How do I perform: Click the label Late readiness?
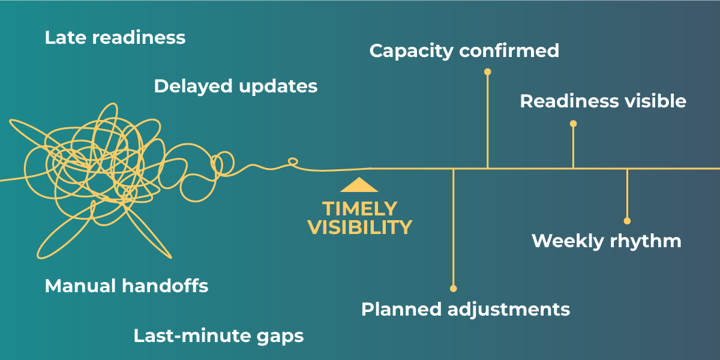tap(115, 38)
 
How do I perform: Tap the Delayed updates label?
tap(235, 87)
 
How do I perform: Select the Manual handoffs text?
tap(126, 286)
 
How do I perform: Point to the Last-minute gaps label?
tap(218, 336)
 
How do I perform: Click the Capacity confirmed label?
tap(464, 50)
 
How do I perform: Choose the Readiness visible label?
tap(602, 101)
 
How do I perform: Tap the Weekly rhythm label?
tap(606, 241)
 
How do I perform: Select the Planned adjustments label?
tap(465, 309)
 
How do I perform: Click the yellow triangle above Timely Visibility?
tap(359, 185)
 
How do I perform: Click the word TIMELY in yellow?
tap(359, 209)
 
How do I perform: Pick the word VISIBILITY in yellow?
tap(359, 228)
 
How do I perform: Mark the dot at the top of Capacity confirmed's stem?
tap(487, 72)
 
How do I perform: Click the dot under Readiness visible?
tap(573, 124)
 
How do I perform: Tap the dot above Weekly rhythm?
tap(627, 220)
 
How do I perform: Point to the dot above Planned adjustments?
tap(453, 288)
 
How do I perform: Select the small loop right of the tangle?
tap(292, 161)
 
